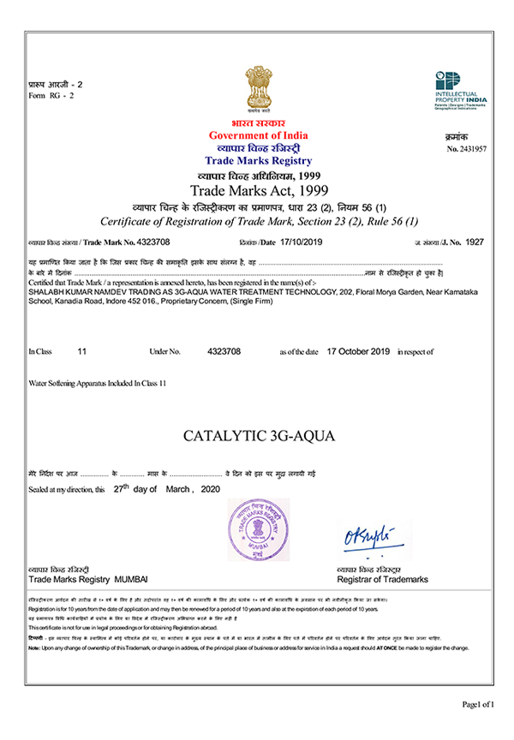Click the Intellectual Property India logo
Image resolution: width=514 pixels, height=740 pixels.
pyautogui.click(x=460, y=89)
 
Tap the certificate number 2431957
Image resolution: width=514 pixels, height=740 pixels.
pyautogui.click(x=472, y=149)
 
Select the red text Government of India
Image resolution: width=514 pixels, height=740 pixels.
pyautogui.click(x=259, y=136)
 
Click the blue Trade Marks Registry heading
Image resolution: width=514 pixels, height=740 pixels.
pyautogui.click(x=259, y=161)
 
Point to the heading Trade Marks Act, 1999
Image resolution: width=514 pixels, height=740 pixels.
pyautogui.click(x=259, y=189)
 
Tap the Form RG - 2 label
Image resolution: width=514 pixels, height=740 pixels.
pyautogui.click(x=51, y=95)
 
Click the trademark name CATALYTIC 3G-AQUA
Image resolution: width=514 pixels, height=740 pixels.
pyautogui.click(x=259, y=436)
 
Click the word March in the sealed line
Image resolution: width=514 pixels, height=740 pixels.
pyautogui.click(x=175, y=489)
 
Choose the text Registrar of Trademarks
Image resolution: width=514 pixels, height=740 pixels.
pyautogui.click(x=383, y=580)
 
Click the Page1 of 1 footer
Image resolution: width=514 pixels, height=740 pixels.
pyautogui.click(x=478, y=704)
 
